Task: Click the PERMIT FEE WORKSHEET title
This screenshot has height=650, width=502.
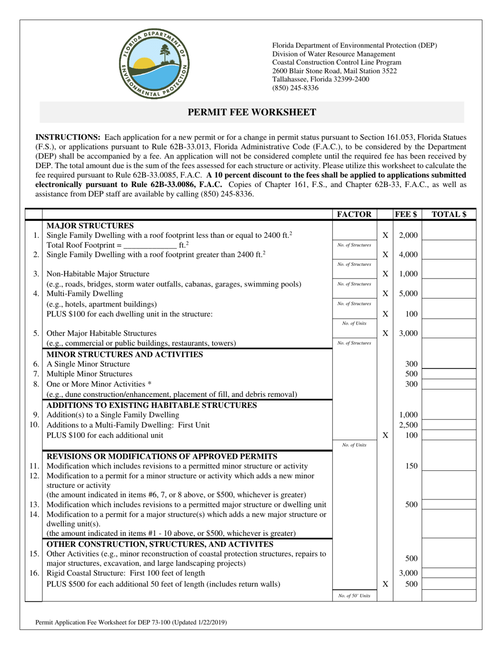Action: pyautogui.click(x=252, y=112)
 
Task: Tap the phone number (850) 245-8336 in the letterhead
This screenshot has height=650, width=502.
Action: pyautogui.click(x=295, y=88)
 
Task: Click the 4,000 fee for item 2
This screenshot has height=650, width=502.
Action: pyautogui.click(x=408, y=255)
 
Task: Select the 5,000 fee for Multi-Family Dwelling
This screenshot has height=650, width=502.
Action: pyautogui.click(x=408, y=294)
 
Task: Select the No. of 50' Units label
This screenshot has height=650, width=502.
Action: pyautogui.click(x=354, y=596)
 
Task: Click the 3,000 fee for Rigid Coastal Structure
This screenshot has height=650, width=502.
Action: pyautogui.click(x=408, y=574)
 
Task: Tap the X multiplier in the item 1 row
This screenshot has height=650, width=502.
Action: pyautogui.click(x=385, y=235)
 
